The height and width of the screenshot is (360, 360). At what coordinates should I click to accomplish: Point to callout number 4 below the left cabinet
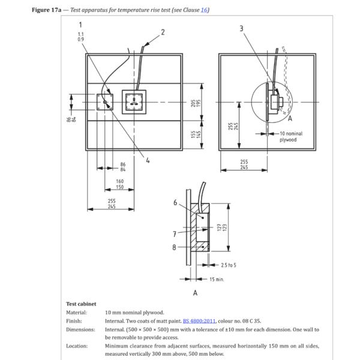pos(148,160)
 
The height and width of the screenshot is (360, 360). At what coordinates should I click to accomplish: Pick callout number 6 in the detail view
pos(175,203)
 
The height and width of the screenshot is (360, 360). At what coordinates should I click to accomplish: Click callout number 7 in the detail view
pos(175,234)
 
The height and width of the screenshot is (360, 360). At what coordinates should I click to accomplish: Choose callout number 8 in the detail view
pos(175,247)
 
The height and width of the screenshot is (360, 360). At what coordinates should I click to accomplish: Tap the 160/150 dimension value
pos(120,184)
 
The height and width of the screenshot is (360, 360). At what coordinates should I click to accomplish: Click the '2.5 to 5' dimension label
pos(230,265)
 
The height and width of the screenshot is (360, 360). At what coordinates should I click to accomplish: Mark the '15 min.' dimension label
pos(216,280)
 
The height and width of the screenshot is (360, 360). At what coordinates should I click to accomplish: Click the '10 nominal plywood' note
pos(292,136)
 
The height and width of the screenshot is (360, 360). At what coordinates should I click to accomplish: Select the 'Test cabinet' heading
pos(80,304)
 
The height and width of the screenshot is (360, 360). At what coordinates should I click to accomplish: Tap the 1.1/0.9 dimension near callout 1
pos(80,37)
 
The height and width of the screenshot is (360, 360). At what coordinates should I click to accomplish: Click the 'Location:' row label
pos(77,346)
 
